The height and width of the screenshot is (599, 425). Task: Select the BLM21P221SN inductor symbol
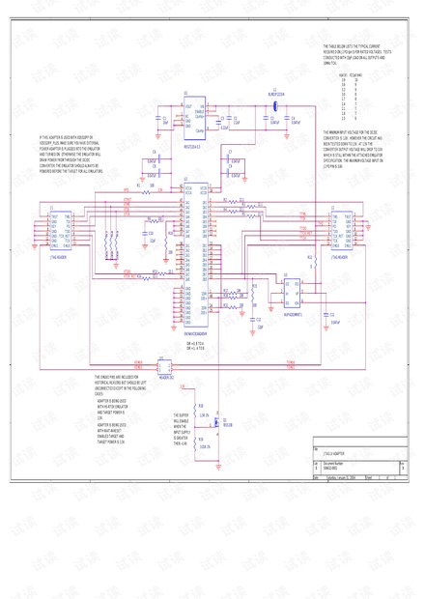pos(275,104)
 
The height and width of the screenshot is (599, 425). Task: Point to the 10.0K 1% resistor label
pos(204,445)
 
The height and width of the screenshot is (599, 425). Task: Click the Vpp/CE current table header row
pos(348,74)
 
